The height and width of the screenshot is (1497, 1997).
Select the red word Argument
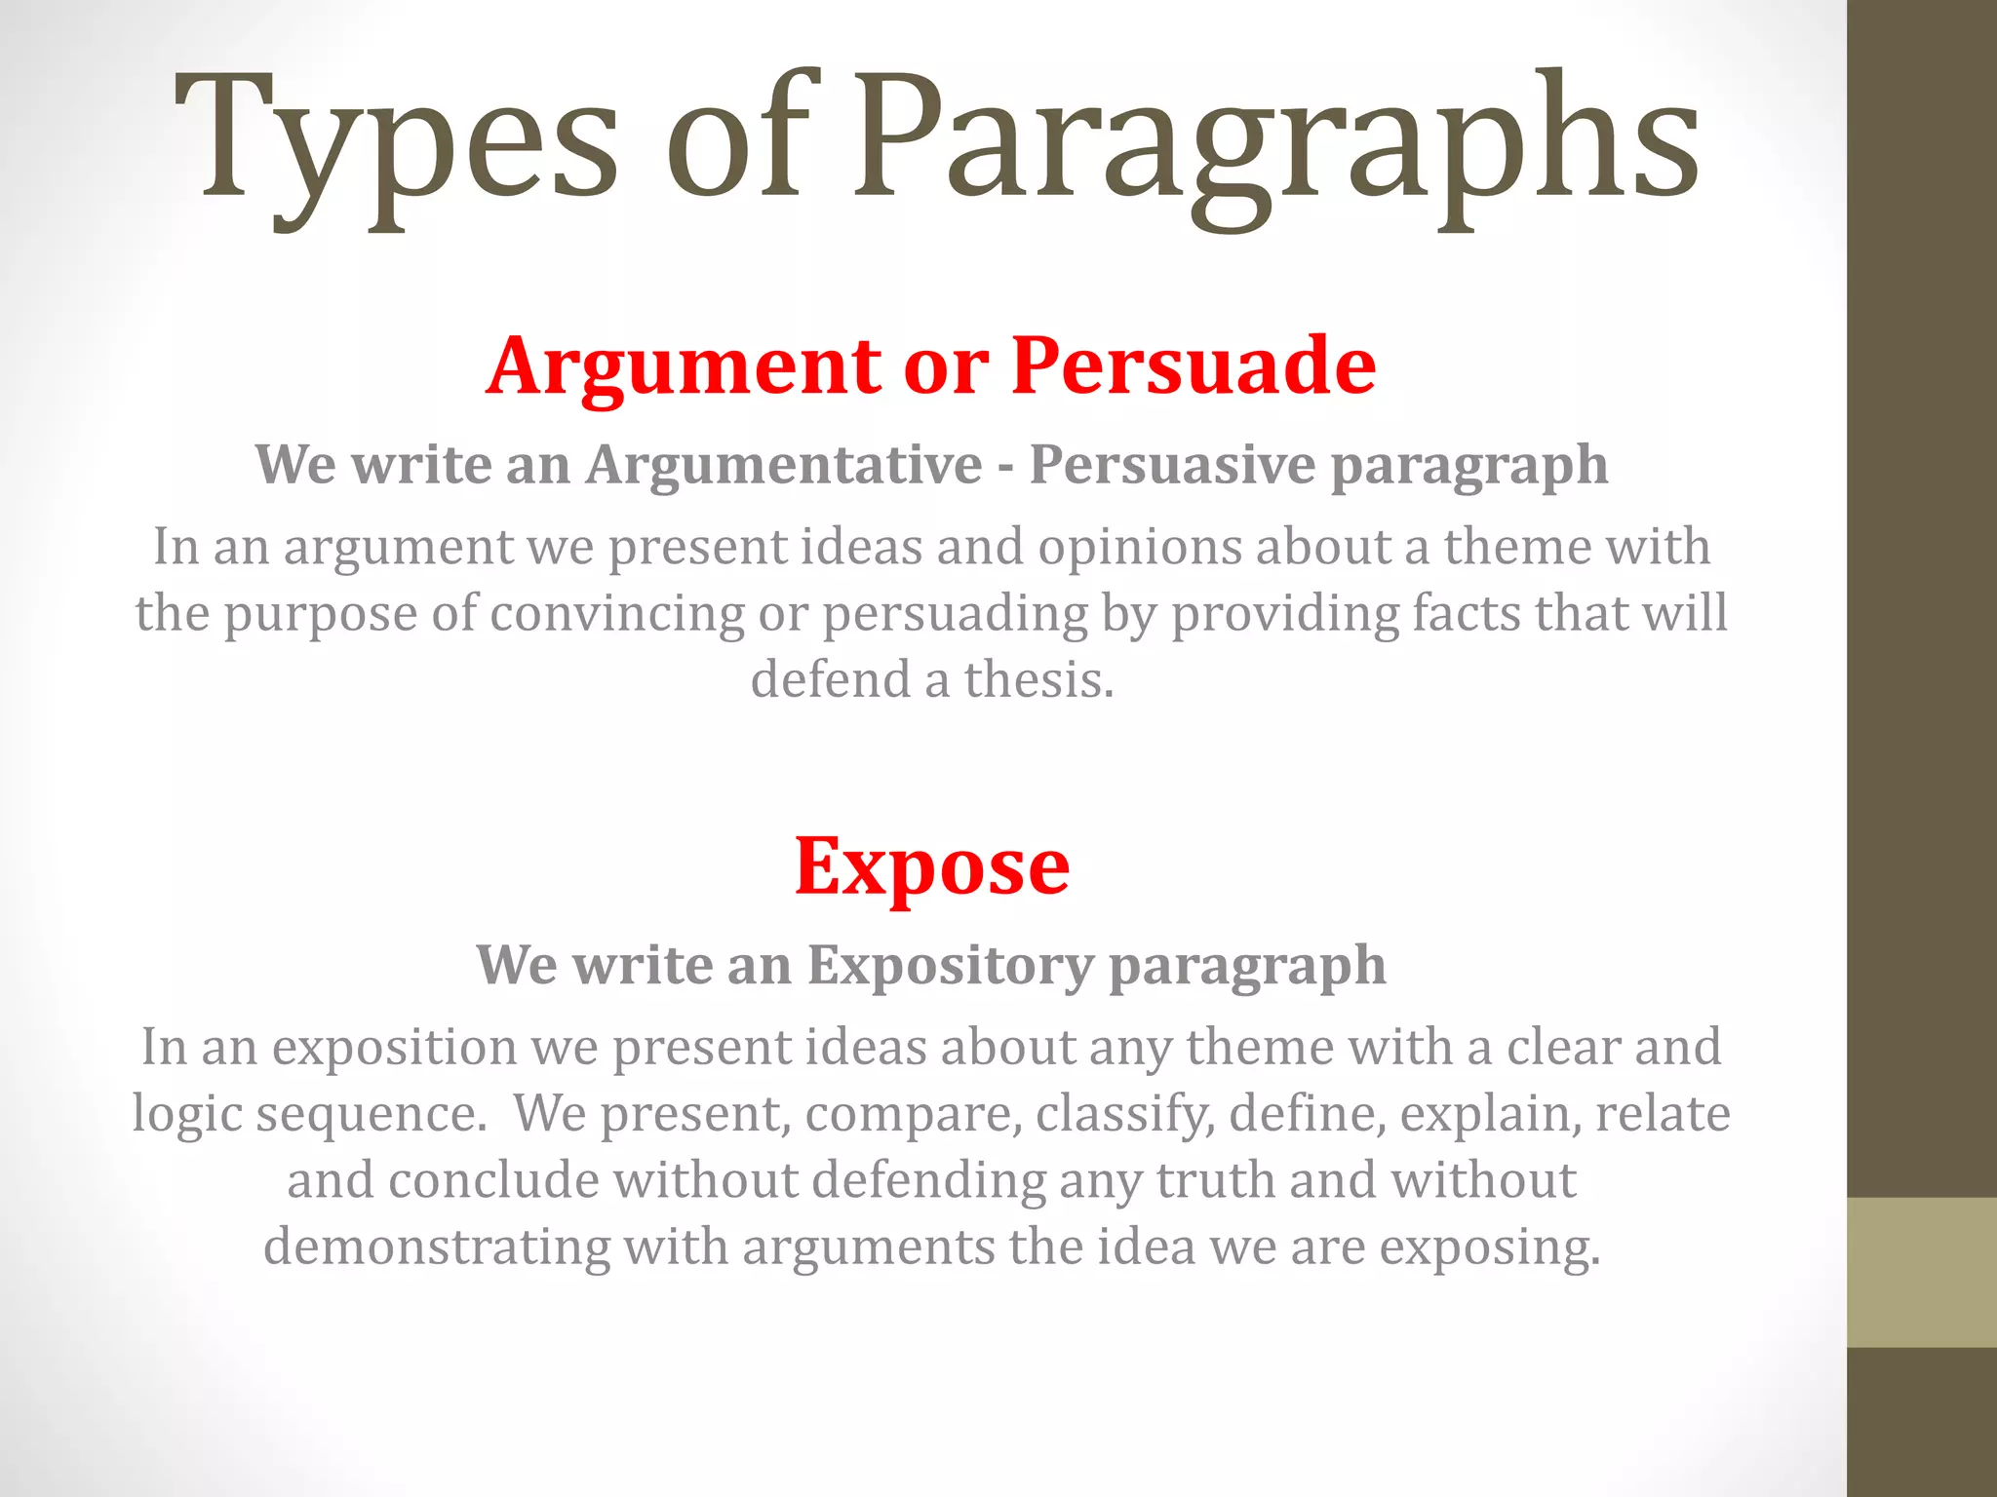[684, 366]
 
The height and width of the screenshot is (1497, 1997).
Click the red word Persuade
[1194, 365]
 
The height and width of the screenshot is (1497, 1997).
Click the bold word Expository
[951, 965]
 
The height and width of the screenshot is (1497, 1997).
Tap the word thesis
[1038, 679]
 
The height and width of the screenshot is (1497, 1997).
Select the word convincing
[617, 614]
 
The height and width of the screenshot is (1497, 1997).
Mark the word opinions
[1140, 547]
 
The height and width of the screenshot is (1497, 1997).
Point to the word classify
[1125, 1114]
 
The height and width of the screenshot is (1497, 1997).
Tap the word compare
[914, 1114]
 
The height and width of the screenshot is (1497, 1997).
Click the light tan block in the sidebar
[1922, 1272]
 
